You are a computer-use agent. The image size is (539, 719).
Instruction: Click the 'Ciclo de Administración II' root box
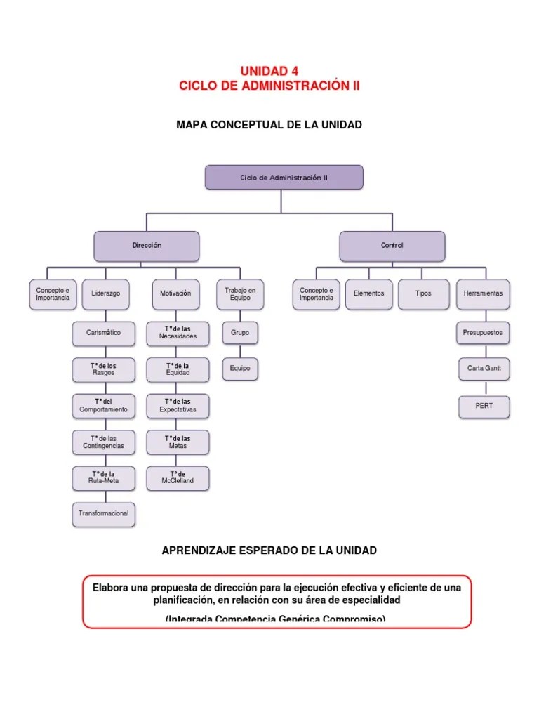[x=284, y=178]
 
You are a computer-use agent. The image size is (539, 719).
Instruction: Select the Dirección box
[x=147, y=246]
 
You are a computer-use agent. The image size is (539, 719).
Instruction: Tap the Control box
[x=392, y=246]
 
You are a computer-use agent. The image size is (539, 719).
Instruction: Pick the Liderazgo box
[x=105, y=293]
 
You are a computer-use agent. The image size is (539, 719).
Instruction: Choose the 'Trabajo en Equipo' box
[x=240, y=293]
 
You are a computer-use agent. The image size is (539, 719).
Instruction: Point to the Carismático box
[x=103, y=333]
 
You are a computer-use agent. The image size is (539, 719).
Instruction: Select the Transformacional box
[x=103, y=514]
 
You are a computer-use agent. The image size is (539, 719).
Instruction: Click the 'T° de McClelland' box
[x=177, y=477]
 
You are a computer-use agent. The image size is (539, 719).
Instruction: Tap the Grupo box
[x=240, y=332]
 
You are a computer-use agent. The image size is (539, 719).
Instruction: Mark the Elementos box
[x=368, y=293]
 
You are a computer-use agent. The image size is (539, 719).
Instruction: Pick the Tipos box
[x=423, y=293]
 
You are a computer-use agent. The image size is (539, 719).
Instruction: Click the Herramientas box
[x=483, y=293]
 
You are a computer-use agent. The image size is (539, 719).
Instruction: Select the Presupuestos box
[x=483, y=333]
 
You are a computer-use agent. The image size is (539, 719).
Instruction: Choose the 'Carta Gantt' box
[x=483, y=369]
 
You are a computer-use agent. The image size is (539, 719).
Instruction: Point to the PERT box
[x=484, y=406]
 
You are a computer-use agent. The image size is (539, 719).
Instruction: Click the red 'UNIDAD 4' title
[x=269, y=72]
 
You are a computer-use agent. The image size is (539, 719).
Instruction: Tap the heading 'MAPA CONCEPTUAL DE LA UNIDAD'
[x=269, y=125]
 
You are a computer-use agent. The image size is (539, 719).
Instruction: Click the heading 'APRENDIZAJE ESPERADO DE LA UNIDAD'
[x=269, y=550]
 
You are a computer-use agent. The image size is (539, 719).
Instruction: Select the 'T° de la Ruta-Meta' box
[x=103, y=477]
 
